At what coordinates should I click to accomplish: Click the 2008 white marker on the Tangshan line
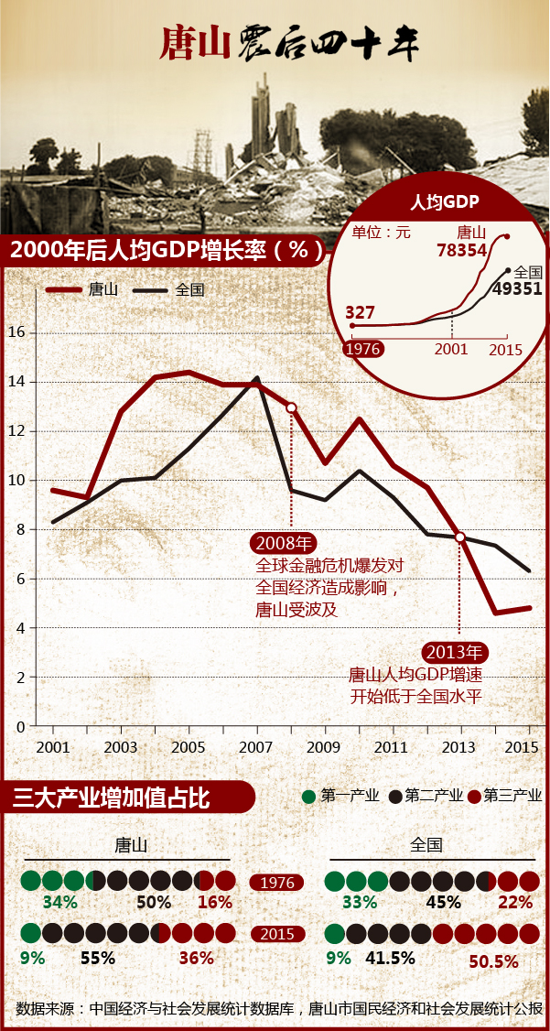pos(291,407)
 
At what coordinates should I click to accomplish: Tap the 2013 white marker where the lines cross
pos(460,537)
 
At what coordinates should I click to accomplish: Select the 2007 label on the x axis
pos(256,746)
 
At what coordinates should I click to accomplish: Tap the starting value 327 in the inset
pos(360,311)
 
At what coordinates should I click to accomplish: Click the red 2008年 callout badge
pos(285,542)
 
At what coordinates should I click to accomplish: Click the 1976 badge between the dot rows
pos(277,883)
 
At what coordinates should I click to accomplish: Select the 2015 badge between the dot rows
pos(277,934)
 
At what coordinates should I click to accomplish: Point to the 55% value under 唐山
pos(98,959)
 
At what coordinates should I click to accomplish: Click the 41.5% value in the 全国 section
pos(390,959)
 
